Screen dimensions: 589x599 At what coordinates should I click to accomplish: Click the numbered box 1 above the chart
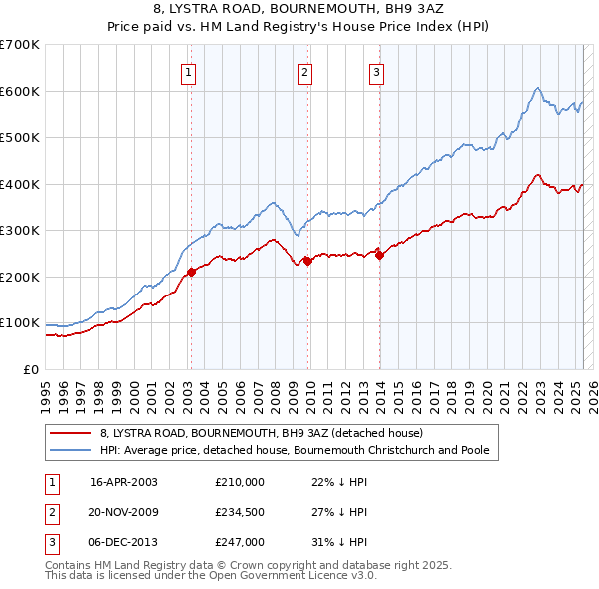(189, 71)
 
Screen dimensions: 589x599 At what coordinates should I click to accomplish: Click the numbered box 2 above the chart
(304, 71)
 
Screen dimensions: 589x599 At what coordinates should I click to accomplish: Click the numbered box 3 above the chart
(376, 71)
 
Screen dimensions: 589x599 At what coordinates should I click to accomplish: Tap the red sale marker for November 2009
(307, 261)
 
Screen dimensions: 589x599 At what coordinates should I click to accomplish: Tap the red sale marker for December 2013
(379, 255)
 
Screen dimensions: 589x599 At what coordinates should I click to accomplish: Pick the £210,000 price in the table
(239, 482)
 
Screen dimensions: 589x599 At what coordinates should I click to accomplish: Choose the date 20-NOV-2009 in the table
(124, 512)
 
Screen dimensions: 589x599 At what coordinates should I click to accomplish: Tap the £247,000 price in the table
(239, 542)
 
